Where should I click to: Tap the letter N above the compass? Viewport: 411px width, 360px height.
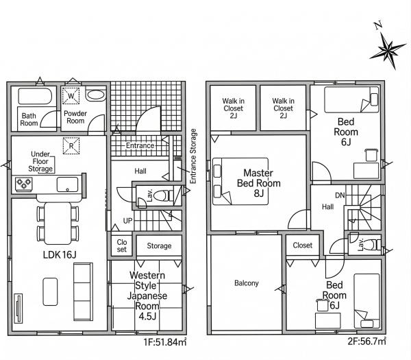(x=377, y=25)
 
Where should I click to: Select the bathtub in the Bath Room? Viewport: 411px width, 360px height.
(x=36, y=96)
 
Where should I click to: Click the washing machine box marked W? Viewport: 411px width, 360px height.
(x=71, y=96)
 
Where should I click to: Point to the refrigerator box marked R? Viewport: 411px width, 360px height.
(x=71, y=146)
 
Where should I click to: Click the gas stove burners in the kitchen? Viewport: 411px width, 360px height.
(x=24, y=183)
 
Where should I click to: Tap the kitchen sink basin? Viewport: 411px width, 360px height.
(x=67, y=184)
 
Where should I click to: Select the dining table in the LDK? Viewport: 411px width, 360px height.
(x=58, y=224)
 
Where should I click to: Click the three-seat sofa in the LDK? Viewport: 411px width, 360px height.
(x=83, y=291)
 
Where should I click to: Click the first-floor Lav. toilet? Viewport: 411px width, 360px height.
(x=162, y=195)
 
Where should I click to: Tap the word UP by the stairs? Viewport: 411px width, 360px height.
(x=127, y=221)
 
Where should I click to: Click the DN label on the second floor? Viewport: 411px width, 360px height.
(x=340, y=195)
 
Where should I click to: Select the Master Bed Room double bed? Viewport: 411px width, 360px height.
(x=240, y=181)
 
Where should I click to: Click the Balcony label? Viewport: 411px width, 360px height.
(x=247, y=283)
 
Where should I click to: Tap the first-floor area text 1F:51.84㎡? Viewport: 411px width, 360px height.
(x=165, y=342)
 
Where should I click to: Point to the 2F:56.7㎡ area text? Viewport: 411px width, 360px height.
(x=366, y=341)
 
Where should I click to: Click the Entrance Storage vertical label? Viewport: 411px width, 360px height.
(x=193, y=156)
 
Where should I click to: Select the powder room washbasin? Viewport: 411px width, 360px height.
(x=95, y=95)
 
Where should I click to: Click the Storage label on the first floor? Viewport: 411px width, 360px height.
(x=159, y=246)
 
